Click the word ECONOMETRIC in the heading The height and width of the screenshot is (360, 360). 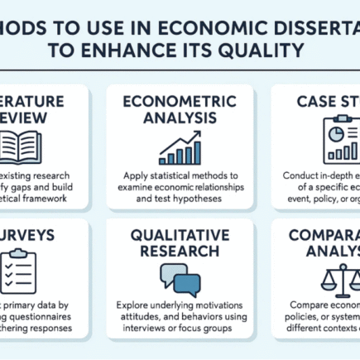click(180, 101)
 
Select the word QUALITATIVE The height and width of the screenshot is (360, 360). click(180, 233)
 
